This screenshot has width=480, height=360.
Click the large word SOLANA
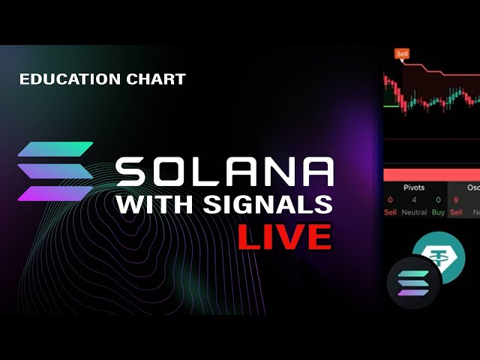tap(224, 172)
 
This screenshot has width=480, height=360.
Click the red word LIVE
tap(284, 236)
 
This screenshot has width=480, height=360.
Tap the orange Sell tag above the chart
tap(402, 55)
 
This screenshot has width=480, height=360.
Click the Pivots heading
tap(414, 187)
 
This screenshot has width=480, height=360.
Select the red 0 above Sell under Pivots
tap(390, 200)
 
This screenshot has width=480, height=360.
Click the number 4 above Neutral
tap(415, 200)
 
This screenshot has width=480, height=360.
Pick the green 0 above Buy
tap(437, 200)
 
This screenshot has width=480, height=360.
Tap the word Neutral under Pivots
tap(415, 213)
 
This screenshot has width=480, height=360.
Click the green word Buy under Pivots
tap(437, 213)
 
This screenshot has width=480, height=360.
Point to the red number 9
tap(455, 200)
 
